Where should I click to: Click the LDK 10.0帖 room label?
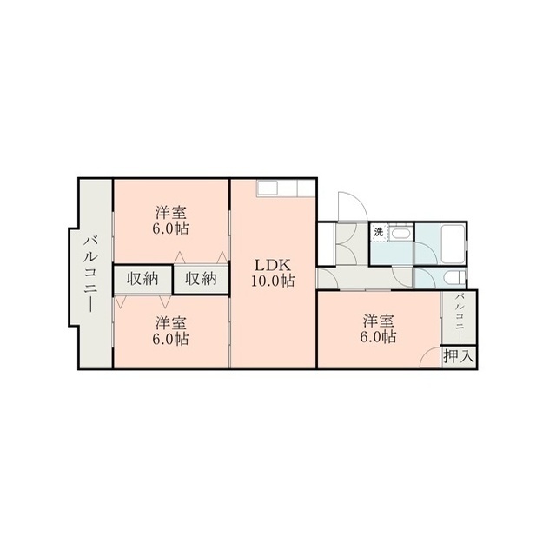(x=273, y=273)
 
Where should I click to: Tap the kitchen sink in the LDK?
(x=268, y=189)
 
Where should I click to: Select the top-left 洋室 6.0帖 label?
(x=170, y=221)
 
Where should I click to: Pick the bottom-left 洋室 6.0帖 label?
(x=170, y=331)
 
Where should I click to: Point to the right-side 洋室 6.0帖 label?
(x=379, y=328)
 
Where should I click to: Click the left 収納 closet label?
(x=142, y=280)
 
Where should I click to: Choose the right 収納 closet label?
(x=201, y=280)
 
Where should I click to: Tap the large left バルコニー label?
(x=90, y=275)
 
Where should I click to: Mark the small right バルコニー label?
(x=460, y=316)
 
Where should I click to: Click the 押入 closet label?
(x=459, y=356)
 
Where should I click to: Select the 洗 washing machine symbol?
(x=379, y=233)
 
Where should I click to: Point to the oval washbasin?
(x=402, y=235)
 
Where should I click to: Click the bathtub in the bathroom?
(x=453, y=244)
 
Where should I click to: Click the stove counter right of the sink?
(x=306, y=188)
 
